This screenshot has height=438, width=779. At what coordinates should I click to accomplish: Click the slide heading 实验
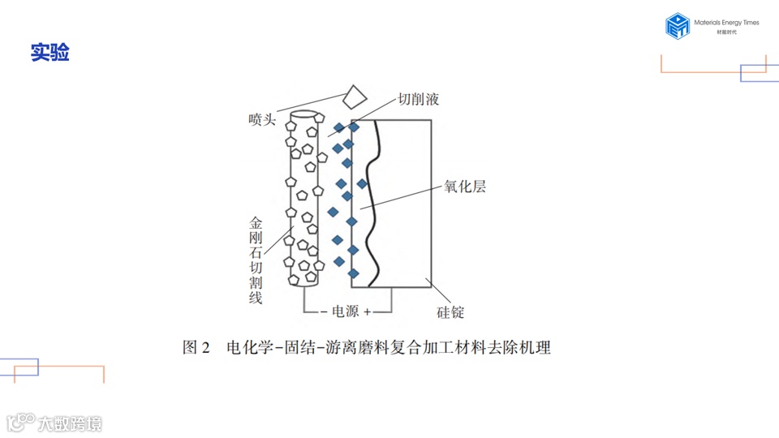(x=49, y=53)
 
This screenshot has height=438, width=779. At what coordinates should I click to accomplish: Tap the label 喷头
(x=262, y=121)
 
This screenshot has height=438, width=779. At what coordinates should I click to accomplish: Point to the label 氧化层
(x=465, y=187)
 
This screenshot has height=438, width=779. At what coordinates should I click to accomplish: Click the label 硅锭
(x=445, y=312)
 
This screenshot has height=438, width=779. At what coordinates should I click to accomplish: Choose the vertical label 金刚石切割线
(x=256, y=260)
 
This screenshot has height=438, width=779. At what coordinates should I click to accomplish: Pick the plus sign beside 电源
(x=367, y=311)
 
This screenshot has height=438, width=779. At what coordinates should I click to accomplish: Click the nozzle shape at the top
(x=353, y=97)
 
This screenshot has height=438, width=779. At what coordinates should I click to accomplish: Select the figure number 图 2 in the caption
(x=196, y=348)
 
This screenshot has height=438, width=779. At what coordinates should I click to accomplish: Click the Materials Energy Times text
(x=727, y=23)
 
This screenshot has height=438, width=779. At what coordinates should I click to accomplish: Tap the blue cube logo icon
(x=677, y=26)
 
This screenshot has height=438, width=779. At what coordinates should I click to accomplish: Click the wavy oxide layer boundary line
(x=370, y=203)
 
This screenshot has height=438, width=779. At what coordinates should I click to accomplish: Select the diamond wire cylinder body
(x=304, y=203)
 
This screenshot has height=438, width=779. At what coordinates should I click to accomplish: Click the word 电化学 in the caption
(x=250, y=348)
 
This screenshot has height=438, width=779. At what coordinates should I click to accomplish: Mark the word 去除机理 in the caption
(x=525, y=348)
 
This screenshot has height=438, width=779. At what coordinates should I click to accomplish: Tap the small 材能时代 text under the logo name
(x=727, y=32)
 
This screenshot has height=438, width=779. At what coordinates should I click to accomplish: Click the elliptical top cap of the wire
(x=304, y=116)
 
